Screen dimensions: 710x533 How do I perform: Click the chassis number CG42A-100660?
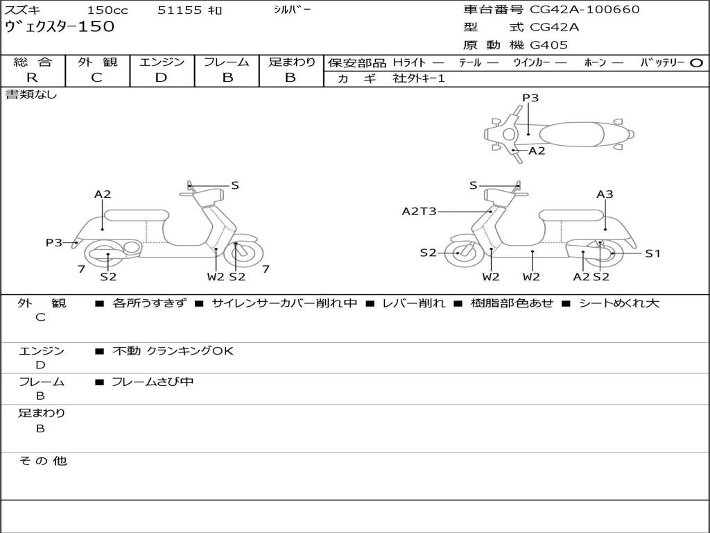tap(585, 10)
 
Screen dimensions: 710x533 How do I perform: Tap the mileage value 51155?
tap(180, 10)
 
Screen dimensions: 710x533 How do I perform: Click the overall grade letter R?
tap(32, 78)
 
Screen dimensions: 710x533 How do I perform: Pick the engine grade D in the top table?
tap(161, 78)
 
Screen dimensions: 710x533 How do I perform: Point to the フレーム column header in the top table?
tap(227, 62)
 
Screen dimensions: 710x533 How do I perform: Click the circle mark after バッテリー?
tap(696, 63)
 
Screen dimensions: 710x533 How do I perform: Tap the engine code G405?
tap(549, 45)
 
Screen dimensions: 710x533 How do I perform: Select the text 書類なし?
tap(31, 95)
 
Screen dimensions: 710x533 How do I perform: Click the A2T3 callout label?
tap(419, 211)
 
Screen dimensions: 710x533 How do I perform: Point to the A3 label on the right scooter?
tap(605, 194)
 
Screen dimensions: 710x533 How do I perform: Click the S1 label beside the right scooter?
tap(652, 253)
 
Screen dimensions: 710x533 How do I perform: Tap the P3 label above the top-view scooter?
tap(530, 98)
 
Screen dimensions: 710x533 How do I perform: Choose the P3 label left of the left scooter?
tap(54, 242)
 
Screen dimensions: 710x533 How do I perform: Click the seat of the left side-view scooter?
tap(136, 215)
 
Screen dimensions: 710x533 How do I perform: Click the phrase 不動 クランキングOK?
tap(173, 351)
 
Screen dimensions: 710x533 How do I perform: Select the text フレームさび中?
tap(153, 382)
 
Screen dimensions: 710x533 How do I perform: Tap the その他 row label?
tap(42, 461)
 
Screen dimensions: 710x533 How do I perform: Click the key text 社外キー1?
tap(419, 78)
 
